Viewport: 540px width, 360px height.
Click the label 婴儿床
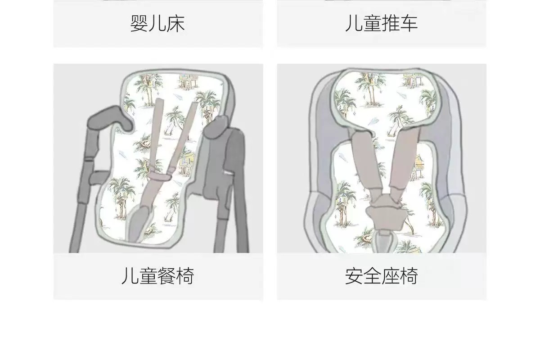(x=157, y=24)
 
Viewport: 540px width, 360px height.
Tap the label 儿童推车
(x=381, y=23)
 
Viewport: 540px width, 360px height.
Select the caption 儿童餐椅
(x=157, y=276)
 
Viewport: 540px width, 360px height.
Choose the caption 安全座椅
(x=381, y=276)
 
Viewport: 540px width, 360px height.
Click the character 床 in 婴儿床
(x=176, y=24)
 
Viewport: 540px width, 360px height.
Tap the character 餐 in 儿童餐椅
(x=166, y=276)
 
